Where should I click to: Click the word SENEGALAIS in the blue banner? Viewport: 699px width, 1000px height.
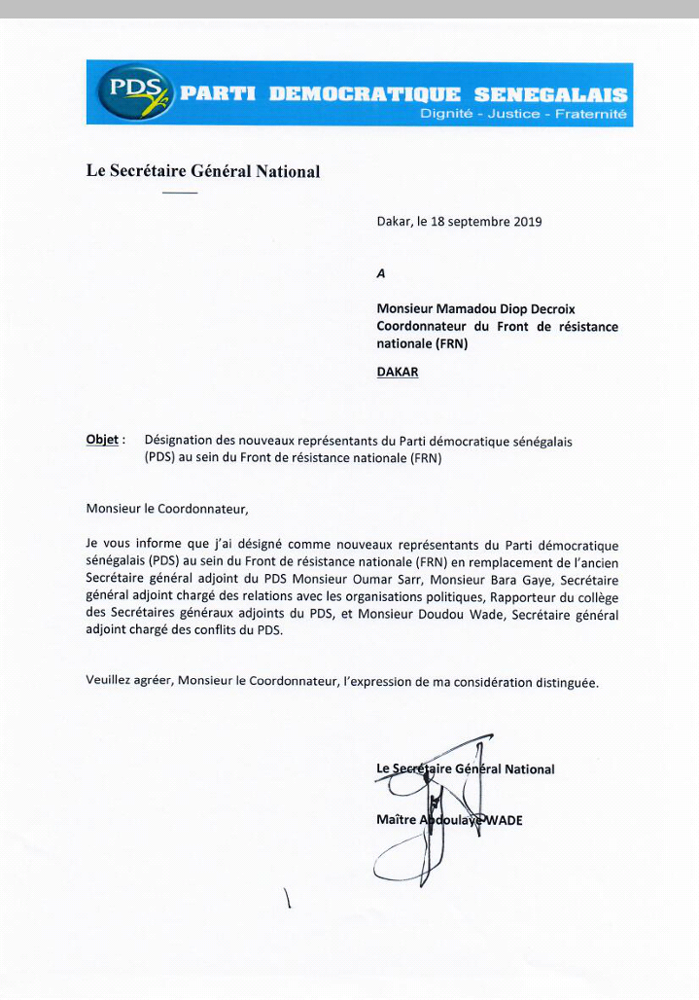point(551,95)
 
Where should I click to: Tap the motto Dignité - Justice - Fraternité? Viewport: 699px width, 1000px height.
point(523,115)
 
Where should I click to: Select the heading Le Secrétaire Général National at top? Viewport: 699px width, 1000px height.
point(203,171)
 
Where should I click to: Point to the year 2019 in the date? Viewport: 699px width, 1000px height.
point(526,222)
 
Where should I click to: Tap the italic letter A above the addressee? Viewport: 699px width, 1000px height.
point(381,274)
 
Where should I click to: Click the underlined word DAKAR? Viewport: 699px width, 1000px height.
point(398,372)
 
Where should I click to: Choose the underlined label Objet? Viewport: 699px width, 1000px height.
point(102,440)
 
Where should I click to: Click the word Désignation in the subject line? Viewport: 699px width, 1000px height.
point(181,441)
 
